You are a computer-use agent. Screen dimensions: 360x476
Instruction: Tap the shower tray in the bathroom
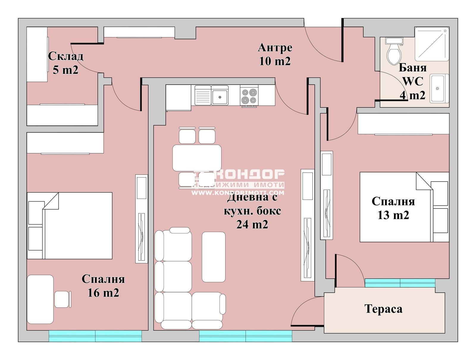(x=431, y=44)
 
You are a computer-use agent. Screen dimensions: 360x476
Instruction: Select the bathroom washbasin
(x=439, y=88)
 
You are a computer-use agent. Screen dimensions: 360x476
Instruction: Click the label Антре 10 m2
(x=275, y=54)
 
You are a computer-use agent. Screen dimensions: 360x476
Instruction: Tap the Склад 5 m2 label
(x=65, y=63)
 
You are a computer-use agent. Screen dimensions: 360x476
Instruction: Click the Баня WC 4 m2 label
(x=412, y=81)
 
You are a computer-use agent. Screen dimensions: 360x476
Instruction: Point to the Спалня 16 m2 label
(x=103, y=286)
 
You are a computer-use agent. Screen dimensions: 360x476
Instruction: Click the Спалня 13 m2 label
(x=393, y=208)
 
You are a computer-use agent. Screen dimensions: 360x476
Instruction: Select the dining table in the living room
(x=197, y=158)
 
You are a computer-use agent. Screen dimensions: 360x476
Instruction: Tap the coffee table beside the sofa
(x=213, y=257)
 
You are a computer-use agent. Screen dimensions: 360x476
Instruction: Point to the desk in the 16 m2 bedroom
(x=40, y=299)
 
